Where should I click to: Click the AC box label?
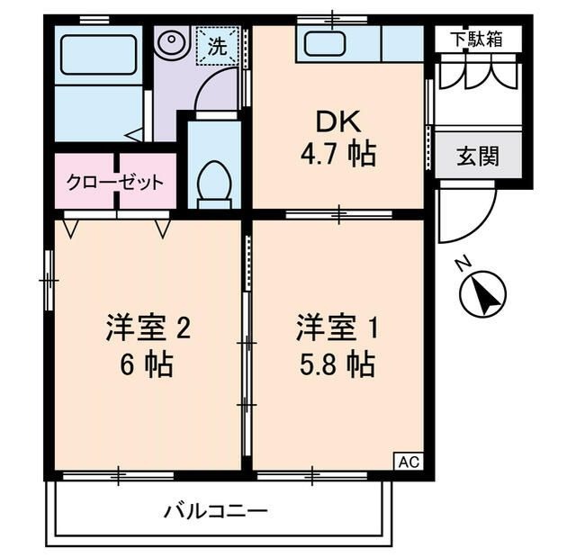pyautogui.click(x=408, y=462)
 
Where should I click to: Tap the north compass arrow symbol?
pyautogui.click(x=482, y=294)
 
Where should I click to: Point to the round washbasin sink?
pyautogui.click(x=171, y=41)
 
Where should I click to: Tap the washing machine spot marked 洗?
pyautogui.click(x=218, y=45)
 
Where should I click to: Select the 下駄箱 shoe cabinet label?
pyautogui.click(x=477, y=39)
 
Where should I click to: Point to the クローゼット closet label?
pyautogui.click(x=115, y=183)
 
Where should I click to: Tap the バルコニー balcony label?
pyautogui.click(x=215, y=512)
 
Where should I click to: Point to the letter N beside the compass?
pyautogui.click(x=463, y=264)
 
